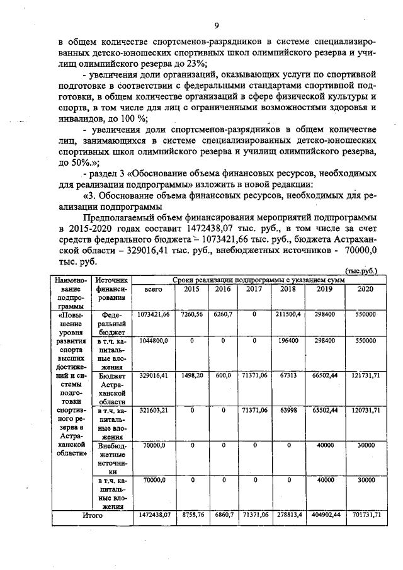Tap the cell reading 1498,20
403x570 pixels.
pyautogui.click(x=191, y=374)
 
